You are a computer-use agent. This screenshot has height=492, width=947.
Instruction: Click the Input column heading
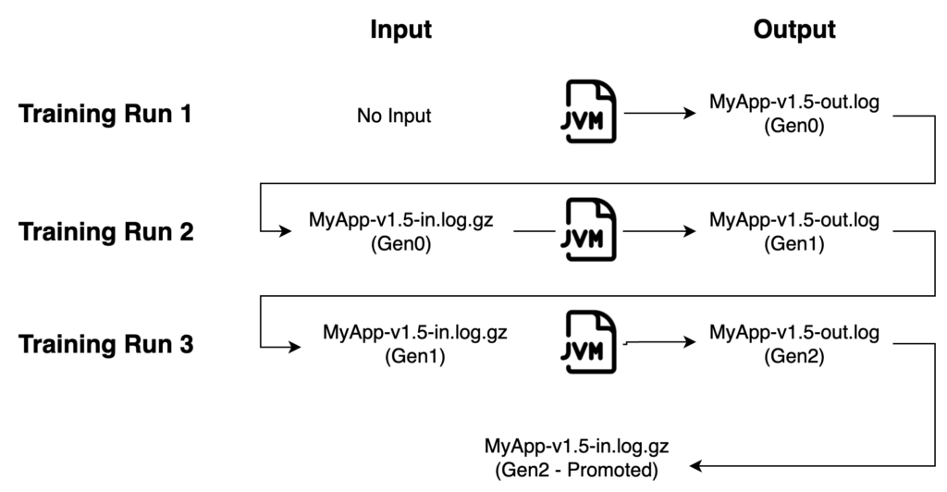point(400,30)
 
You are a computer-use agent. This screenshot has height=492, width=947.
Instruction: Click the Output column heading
point(794,30)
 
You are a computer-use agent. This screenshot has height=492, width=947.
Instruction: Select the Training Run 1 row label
point(106,117)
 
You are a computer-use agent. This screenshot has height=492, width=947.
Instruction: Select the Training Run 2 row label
point(106,231)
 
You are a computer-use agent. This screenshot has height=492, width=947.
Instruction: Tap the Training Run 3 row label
point(106,346)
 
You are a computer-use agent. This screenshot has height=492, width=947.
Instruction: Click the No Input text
point(394,117)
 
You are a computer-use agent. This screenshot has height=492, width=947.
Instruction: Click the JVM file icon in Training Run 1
point(591,116)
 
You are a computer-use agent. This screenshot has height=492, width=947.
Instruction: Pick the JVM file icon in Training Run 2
point(591,231)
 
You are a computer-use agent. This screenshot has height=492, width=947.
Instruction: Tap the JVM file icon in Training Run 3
point(591,343)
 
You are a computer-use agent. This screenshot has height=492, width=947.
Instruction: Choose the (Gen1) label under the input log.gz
point(413,354)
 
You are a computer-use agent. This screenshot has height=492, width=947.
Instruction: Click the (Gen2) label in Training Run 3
point(794,354)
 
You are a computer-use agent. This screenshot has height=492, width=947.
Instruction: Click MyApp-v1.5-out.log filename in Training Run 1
point(794,103)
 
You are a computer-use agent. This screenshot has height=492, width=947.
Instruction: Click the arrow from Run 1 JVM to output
point(659,116)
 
